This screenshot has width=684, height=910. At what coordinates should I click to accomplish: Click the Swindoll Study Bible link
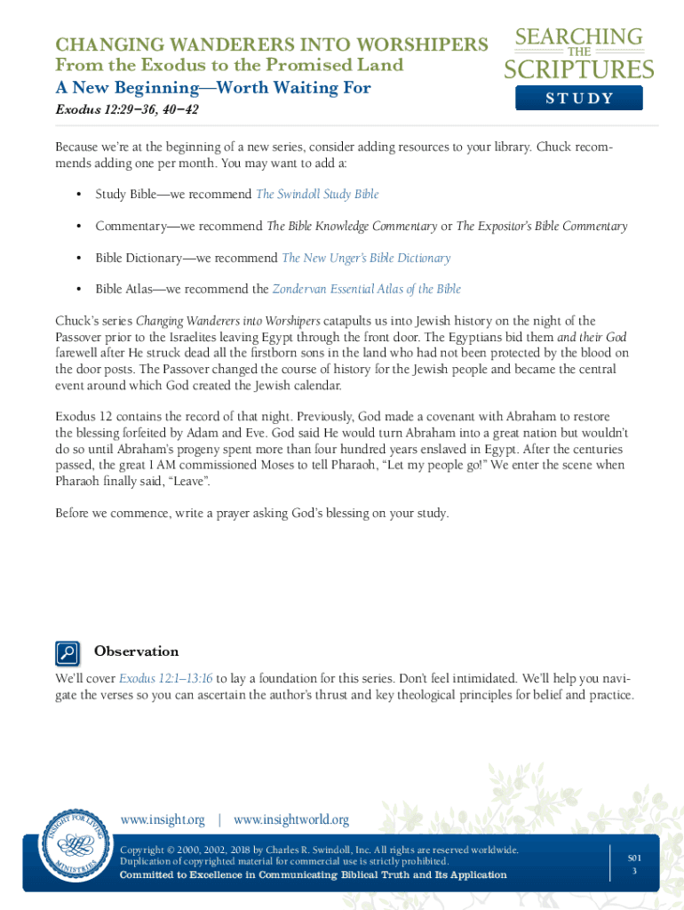tap(317, 194)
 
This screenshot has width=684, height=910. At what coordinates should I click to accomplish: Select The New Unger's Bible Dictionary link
tap(366, 258)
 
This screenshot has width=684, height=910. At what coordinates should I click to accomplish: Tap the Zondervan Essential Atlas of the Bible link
tap(366, 289)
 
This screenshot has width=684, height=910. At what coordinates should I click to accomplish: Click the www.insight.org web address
tap(163, 819)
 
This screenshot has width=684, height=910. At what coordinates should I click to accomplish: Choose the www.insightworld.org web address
tap(291, 819)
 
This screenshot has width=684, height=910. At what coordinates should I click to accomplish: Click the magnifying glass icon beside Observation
tap(68, 653)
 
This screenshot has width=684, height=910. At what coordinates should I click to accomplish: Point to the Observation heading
tap(136, 651)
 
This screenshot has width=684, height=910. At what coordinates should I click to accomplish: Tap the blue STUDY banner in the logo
tap(579, 98)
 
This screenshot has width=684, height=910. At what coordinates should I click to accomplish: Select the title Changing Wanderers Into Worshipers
tap(272, 44)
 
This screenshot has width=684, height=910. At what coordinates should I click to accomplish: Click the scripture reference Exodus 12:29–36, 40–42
tap(127, 110)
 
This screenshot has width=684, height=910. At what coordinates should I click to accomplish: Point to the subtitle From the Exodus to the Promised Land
tap(229, 65)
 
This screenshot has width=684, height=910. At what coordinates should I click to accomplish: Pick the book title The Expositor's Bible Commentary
tap(542, 226)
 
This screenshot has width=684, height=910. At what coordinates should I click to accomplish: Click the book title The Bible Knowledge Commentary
tap(352, 226)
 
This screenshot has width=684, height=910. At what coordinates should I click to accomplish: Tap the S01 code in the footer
tap(634, 858)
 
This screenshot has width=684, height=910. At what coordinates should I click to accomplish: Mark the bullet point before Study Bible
tap(78, 195)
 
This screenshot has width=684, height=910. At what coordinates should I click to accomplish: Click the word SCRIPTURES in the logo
tap(579, 70)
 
